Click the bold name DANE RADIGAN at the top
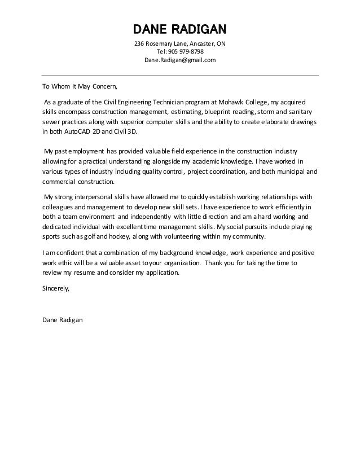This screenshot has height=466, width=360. click(180, 29)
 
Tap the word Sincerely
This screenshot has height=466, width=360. click(56, 288)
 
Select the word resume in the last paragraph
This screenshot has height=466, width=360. click(89, 272)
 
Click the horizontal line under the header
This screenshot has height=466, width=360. click(180, 75)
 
